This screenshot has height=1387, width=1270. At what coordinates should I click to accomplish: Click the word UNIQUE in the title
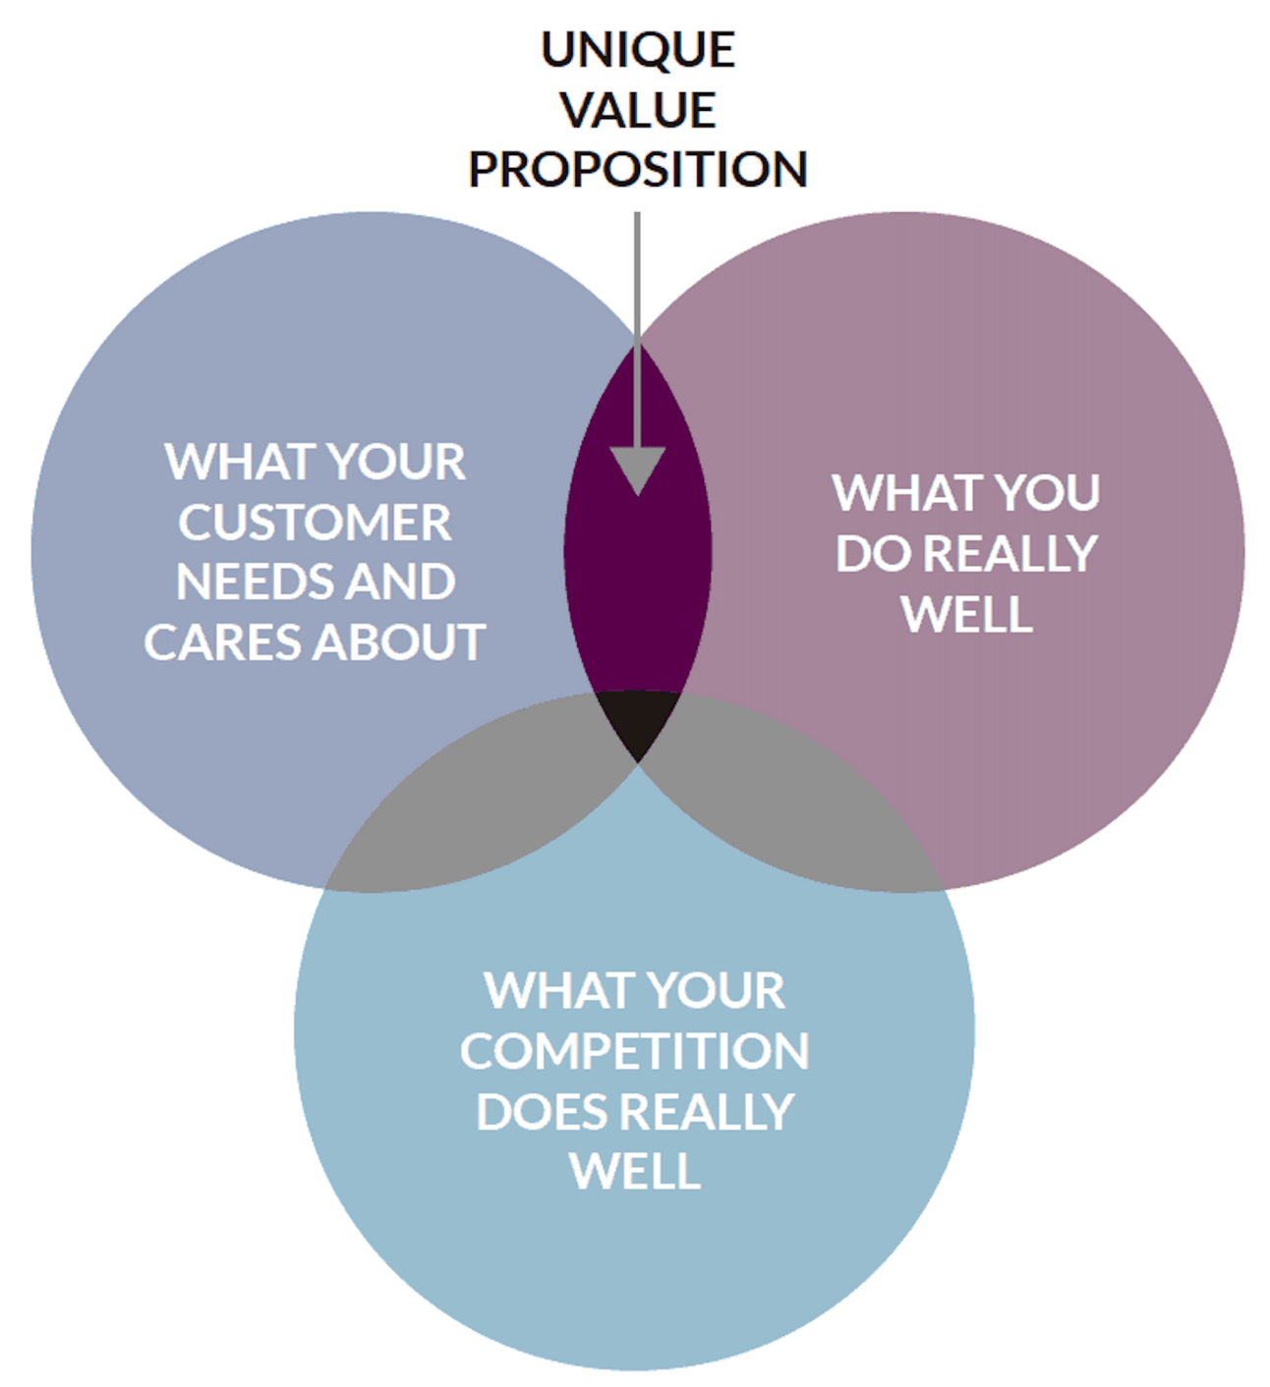(637, 50)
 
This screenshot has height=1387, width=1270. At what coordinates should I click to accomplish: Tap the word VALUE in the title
(637, 110)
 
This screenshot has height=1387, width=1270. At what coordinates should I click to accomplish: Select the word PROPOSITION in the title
(637, 169)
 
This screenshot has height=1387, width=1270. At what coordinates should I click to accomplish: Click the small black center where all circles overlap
(637, 719)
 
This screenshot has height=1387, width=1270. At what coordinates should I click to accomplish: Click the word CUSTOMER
(315, 522)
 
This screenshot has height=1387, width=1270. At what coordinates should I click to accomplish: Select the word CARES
(223, 641)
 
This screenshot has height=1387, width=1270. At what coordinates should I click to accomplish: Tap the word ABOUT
(399, 641)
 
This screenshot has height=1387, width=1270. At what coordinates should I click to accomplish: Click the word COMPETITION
(635, 1051)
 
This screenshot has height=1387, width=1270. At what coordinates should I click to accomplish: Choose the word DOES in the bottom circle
(542, 1112)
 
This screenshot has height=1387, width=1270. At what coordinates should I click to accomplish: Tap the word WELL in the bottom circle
(635, 1171)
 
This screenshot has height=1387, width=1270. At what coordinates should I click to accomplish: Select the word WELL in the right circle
(967, 614)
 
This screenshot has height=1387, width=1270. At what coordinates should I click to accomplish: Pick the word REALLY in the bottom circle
(706, 1112)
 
